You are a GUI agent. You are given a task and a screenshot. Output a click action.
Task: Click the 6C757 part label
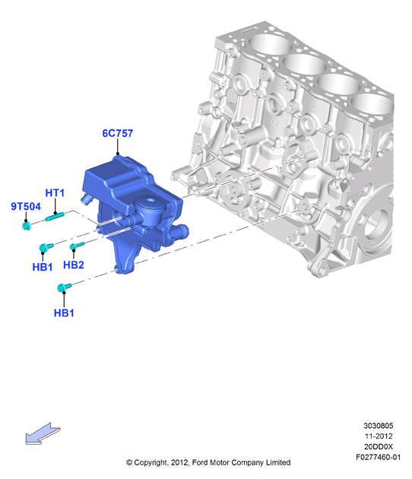point(118,133)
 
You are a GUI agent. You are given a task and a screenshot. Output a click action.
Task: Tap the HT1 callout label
point(55,193)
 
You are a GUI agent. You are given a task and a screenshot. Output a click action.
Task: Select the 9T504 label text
point(26,207)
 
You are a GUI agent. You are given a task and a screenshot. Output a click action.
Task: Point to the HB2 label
point(74,265)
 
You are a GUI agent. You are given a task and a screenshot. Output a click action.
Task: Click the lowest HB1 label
point(64,312)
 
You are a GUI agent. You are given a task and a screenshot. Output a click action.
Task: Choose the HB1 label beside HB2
point(43,267)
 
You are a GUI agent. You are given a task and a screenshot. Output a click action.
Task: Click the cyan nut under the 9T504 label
point(27,226)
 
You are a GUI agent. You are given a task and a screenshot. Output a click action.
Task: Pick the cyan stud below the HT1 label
point(55,217)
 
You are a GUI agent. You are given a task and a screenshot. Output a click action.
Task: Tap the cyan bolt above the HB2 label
point(77,246)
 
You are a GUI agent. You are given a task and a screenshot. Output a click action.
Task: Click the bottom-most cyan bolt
point(64,287)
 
